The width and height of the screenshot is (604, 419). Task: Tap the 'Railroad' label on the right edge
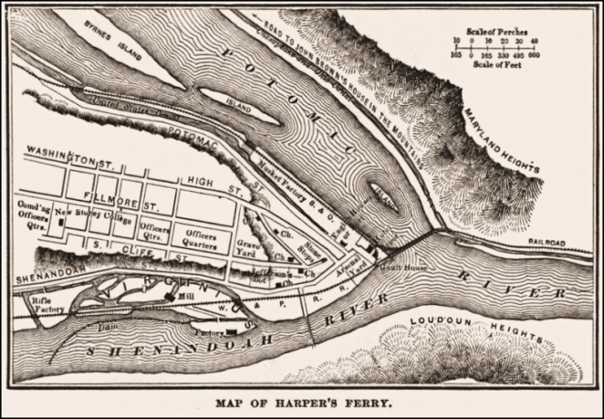547,243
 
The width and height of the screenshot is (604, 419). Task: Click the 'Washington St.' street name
62,153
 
